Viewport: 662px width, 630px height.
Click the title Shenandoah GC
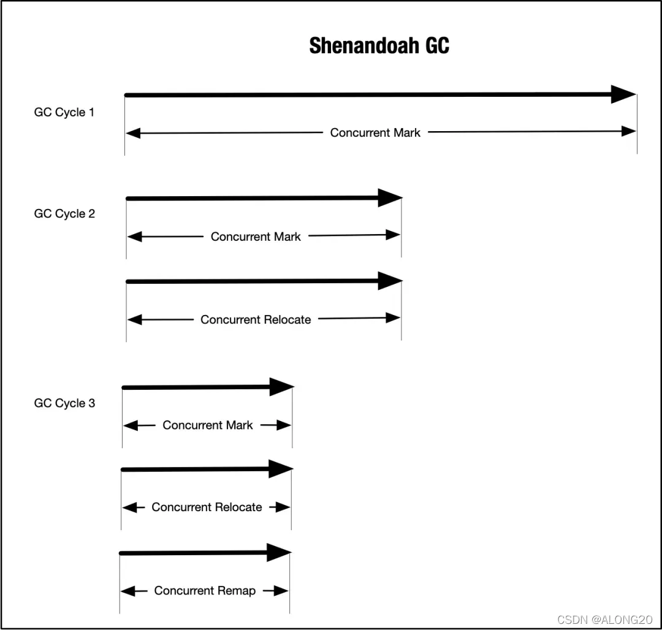point(379,46)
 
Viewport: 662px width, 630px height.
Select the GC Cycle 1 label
point(64,113)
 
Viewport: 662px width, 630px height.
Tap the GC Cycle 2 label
point(64,214)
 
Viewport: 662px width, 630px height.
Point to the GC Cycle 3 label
point(64,403)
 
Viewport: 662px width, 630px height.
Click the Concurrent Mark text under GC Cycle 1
point(375,132)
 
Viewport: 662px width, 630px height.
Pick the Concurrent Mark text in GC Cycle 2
point(256,237)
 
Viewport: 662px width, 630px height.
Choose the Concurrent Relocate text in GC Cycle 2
point(256,319)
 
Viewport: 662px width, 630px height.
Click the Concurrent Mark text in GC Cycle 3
point(207,425)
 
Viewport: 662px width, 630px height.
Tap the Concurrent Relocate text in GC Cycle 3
point(207,507)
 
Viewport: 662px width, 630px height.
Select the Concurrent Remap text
point(205,591)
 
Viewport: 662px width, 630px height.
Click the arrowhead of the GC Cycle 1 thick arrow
point(623,94)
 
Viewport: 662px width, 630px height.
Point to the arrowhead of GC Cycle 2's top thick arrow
point(390,198)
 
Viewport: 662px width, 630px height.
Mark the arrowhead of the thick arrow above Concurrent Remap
point(279,553)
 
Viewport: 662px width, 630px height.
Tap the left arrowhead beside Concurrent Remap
point(127,591)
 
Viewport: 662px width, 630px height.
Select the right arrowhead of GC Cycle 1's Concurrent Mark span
point(629,131)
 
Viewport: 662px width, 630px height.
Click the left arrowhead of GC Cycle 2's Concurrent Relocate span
point(134,319)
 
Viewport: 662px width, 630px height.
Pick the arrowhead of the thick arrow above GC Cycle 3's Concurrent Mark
point(282,387)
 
